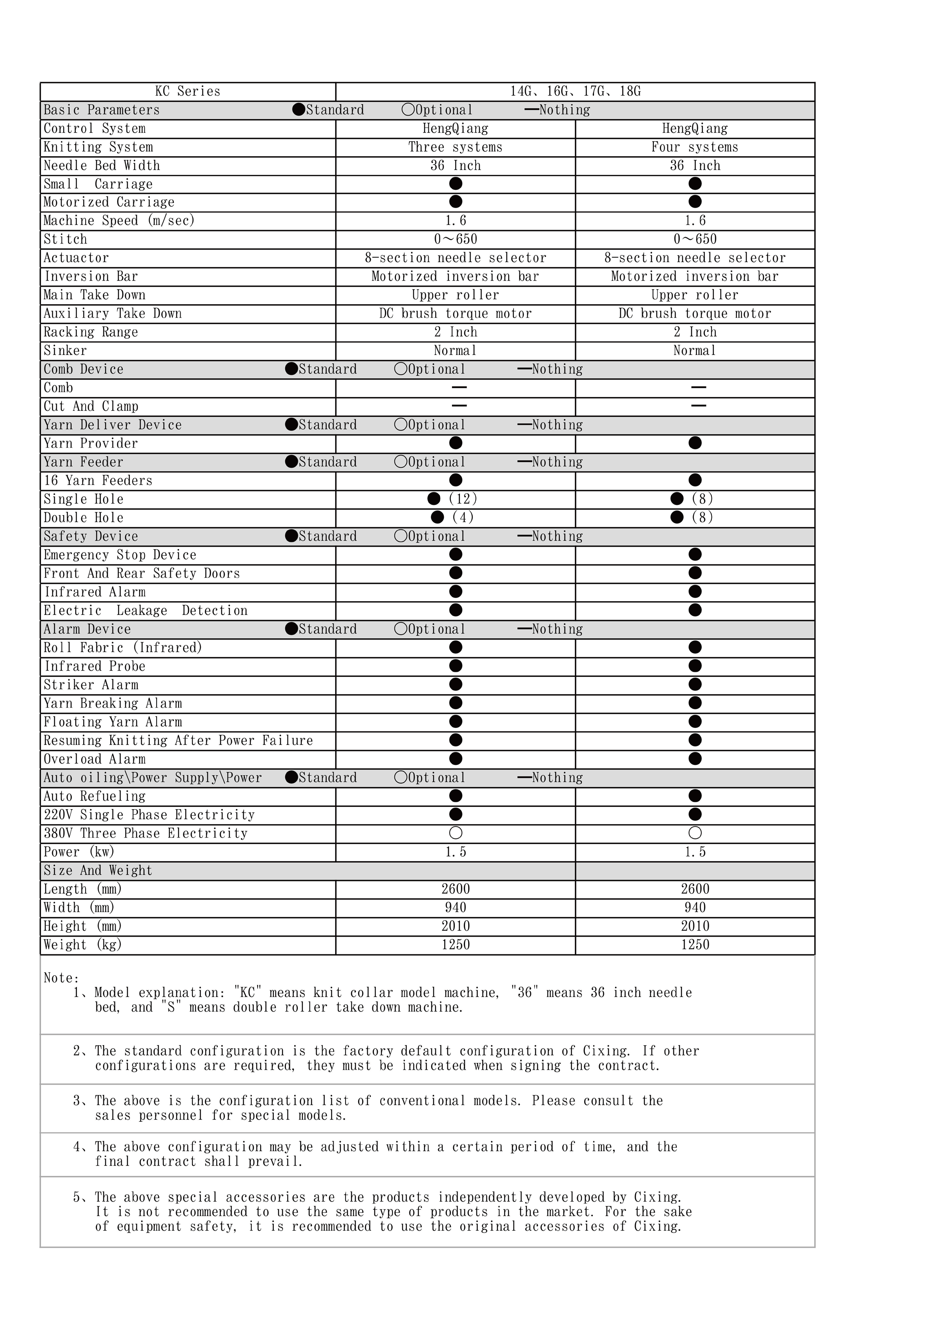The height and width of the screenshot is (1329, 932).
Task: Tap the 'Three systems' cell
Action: [455, 147]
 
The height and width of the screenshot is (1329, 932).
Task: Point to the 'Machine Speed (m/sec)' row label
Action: [119, 221]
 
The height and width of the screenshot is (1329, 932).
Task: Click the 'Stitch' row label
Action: [65, 239]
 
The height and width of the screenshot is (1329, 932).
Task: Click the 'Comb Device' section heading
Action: [84, 369]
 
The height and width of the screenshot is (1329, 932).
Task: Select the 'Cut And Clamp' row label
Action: [91, 406]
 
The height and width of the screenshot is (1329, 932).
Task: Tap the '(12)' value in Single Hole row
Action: [463, 499]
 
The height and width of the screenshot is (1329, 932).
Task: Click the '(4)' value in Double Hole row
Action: [463, 517]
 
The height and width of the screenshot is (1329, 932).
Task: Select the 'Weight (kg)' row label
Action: [83, 945]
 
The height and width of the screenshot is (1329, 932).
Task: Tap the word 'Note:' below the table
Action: [61, 978]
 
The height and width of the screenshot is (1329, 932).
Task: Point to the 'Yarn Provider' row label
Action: [91, 443]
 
